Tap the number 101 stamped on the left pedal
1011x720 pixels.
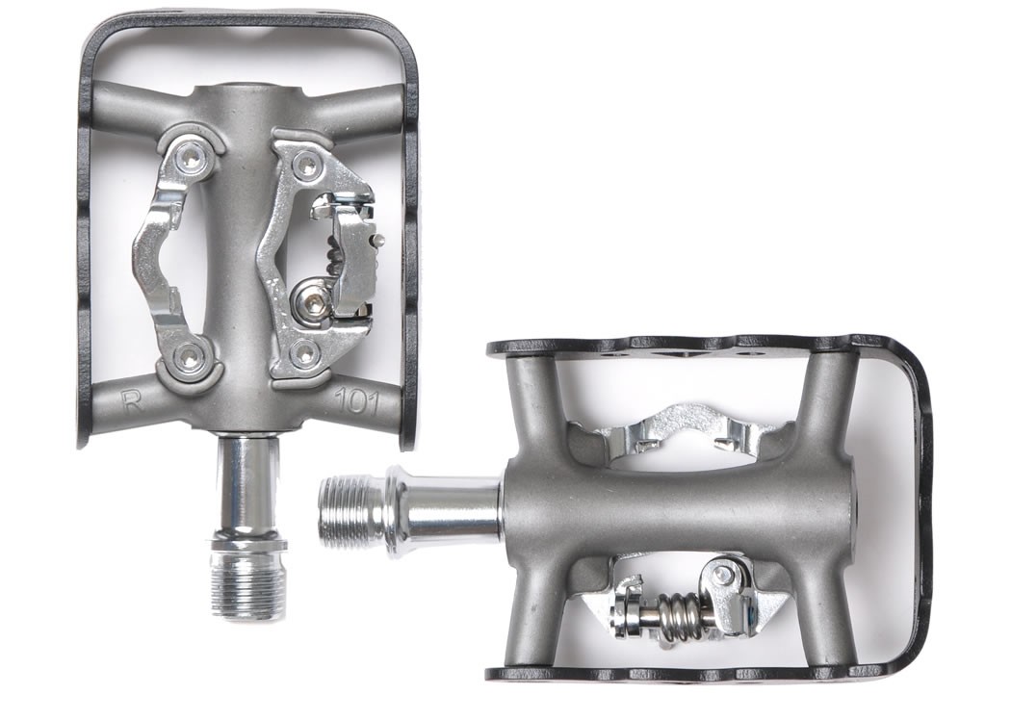(x=356, y=402)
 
